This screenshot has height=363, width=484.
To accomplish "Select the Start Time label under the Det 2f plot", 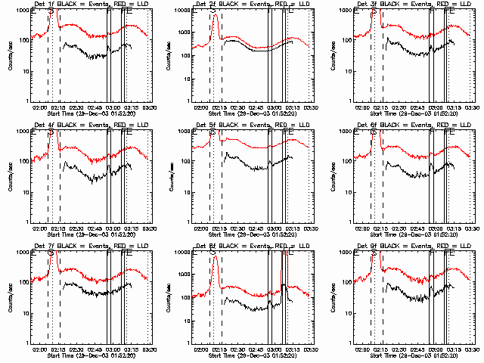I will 250,113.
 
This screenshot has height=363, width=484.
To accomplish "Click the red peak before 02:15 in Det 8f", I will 215,256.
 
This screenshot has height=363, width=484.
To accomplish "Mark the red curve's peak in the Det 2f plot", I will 215,15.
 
